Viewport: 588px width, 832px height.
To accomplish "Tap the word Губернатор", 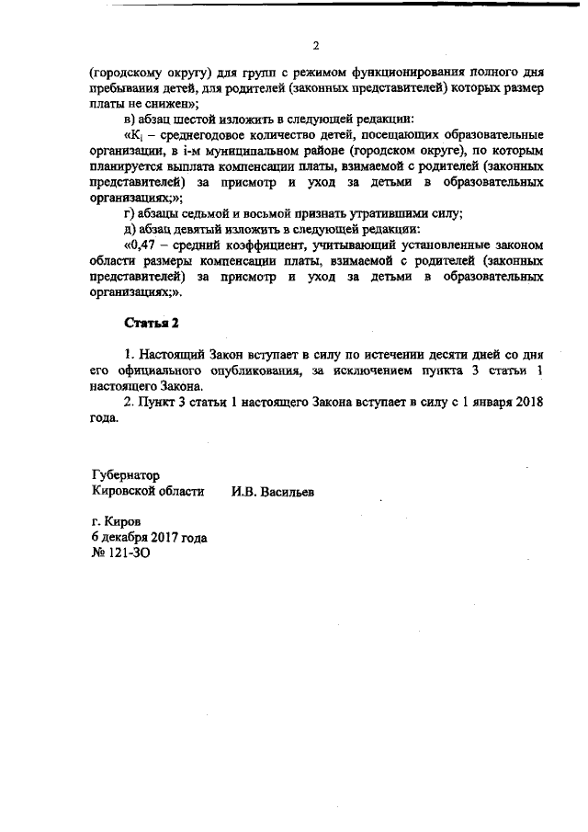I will click(126, 475).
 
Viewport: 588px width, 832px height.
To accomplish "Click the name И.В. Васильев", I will click(273, 492).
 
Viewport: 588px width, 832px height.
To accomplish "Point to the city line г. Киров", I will click(109, 521).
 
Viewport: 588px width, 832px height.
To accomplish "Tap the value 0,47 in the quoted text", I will click(142, 245).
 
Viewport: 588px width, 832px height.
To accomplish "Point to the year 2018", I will click(521, 402).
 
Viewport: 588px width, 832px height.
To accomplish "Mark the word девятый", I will click(195, 229).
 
